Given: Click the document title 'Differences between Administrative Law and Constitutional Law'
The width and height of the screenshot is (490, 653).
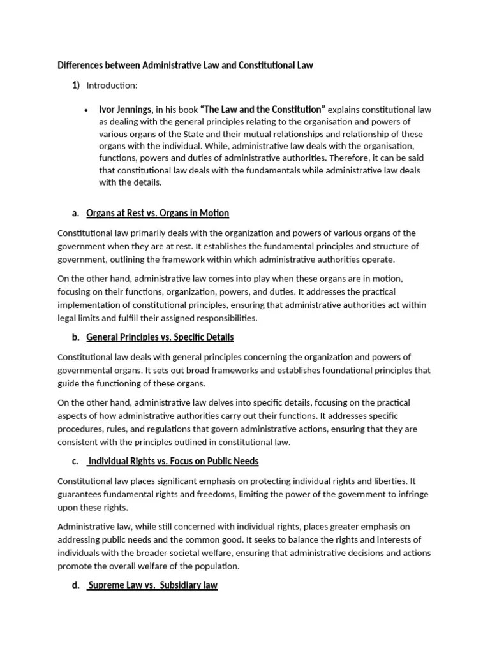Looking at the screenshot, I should click(x=185, y=66).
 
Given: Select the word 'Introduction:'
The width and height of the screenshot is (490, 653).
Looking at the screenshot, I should click(x=112, y=85).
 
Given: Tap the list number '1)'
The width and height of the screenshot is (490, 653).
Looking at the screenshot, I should click(x=76, y=85).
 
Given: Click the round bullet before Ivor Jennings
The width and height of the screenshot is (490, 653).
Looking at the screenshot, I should click(x=86, y=110).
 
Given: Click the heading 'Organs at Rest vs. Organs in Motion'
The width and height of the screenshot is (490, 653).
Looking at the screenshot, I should click(x=158, y=213).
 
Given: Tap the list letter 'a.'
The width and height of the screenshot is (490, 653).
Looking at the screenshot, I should click(x=76, y=213).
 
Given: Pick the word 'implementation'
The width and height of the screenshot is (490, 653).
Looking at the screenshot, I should click(x=90, y=305).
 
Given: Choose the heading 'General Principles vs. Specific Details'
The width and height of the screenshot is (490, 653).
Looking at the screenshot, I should click(x=160, y=337).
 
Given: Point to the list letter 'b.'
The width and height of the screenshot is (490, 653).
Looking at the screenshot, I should click(x=76, y=337).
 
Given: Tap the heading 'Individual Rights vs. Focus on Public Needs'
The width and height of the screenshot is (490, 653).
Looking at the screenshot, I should click(x=173, y=461).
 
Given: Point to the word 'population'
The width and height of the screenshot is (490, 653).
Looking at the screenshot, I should click(x=216, y=566).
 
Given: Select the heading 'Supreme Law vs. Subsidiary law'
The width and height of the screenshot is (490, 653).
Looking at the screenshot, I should click(x=152, y=585).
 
